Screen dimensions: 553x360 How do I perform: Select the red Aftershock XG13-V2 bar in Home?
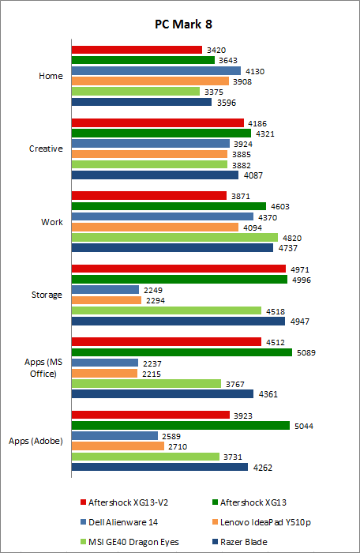(x=137, y=50)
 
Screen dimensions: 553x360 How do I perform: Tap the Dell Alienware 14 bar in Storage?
(x=105, y=290)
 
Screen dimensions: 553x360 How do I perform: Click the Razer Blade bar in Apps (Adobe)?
(x=159, y=467)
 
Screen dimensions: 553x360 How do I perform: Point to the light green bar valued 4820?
(x=174, y=237)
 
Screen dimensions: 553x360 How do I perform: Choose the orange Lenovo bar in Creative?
(x=149, y=154)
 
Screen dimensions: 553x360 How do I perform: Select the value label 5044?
(x=304, y=426)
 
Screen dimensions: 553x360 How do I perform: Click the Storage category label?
(x=47, y=295)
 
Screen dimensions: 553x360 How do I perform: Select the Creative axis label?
(x=46, y=149)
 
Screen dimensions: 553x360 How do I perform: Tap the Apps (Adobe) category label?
(x=36, y=440)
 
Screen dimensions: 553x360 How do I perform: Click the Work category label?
(x=51, y=222)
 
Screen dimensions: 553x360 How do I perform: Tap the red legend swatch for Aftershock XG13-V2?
(x=82, y=502)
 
